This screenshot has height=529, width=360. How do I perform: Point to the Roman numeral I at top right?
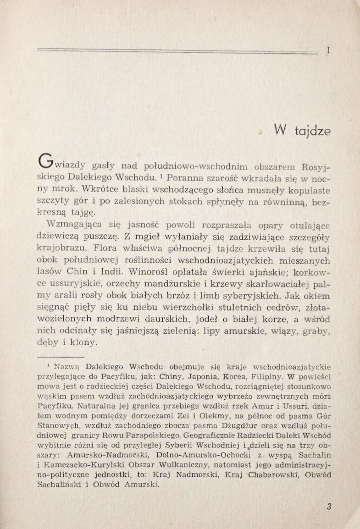[328, 51]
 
